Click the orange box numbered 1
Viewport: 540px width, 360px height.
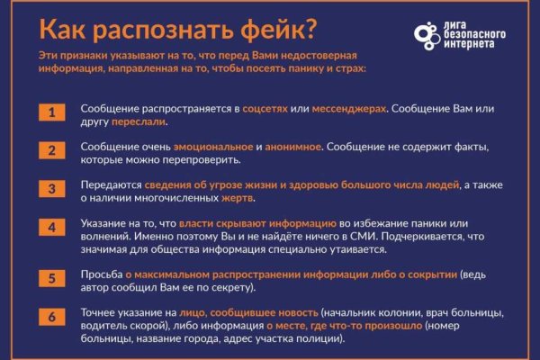pyautogui.click(x=52, y=113)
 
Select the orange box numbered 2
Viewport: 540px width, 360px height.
pyautogui.click(x=52, y=150)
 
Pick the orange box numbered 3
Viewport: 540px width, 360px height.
pyautogui.click(x=52, y=190)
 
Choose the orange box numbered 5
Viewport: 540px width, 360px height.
pyautogui.click(x=52, y=277)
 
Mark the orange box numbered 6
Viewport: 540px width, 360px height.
pyautogui.click(x=52, y=316)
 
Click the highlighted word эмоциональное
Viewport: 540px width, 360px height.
pyautogui.click(x=211, y=145)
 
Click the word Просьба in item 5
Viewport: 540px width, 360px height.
pyautogui.click(x=100, y=273)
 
